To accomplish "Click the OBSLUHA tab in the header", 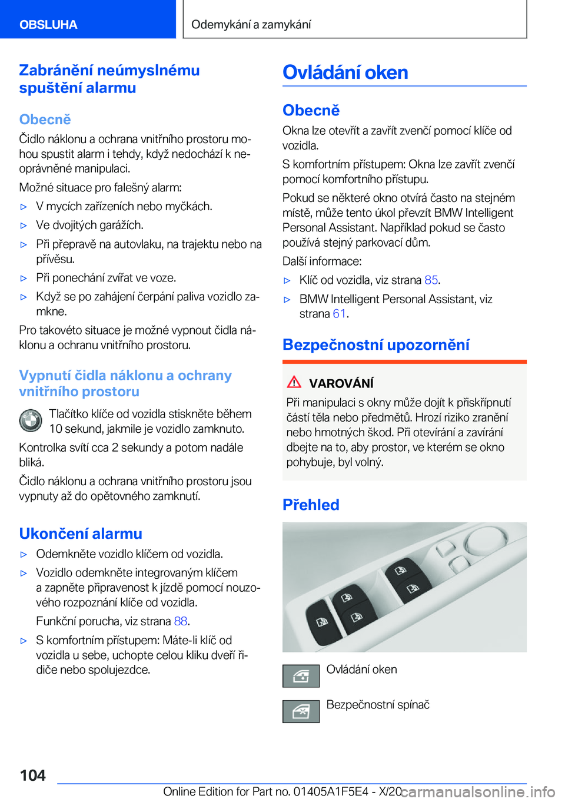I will click(48, 24).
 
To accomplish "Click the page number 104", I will click(33, 776).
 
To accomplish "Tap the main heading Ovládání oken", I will click(345, 72).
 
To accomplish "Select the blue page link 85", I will click(431, 280).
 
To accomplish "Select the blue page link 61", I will click(339, 314).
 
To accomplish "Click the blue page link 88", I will click(180, 621).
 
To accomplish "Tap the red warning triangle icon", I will click(294, 382).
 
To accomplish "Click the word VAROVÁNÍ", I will click(341, 383).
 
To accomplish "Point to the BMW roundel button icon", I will click(31, 421).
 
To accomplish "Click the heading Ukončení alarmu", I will click(81, 533).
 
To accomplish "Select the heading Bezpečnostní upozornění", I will click(376, 344).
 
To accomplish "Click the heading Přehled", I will click(311, 505).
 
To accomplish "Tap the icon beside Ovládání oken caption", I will click(301, 676).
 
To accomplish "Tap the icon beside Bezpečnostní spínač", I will click(301, 711).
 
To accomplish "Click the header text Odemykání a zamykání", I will click(251, 24).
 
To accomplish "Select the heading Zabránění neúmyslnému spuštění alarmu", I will click(109, 79).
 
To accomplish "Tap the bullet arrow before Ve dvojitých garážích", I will click(24, 226).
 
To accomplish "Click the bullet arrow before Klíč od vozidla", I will click(287, 281).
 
